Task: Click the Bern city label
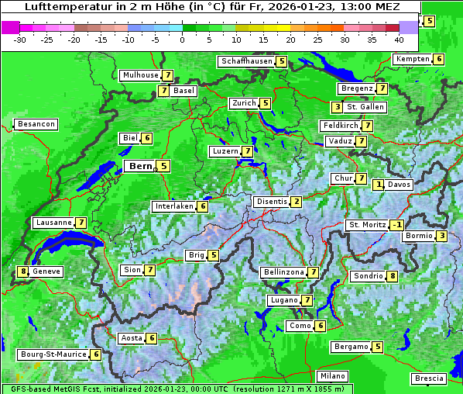(x=140, y=166)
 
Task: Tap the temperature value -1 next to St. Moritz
(x=396, y=225)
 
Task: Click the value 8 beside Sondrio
(x=393, y=276)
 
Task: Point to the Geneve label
(x=46, y=271)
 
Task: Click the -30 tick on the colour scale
(x=21, y=39)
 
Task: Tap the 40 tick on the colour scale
(x=399, y=39)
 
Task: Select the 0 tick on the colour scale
(x=182, y=39)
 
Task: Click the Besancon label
(x=36, y=124)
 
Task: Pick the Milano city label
(x=333, y=375)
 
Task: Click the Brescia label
(x=430, y=378)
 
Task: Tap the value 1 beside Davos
(x=379, y=185)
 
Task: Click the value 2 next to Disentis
(x=296, y=202)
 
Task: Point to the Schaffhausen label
(x=245, y=61)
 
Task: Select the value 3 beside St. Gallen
(x=337, y=107)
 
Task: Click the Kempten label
(x=412, y=59)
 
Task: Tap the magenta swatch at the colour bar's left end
(x=11, y=26)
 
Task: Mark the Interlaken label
(x=173, y=206)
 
